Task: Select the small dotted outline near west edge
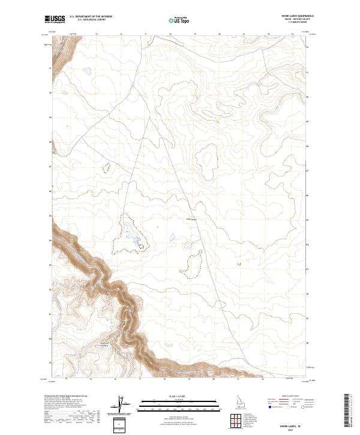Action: [107, 167]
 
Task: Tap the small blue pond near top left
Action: [88, 71]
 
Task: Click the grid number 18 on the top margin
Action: [170, 34]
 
